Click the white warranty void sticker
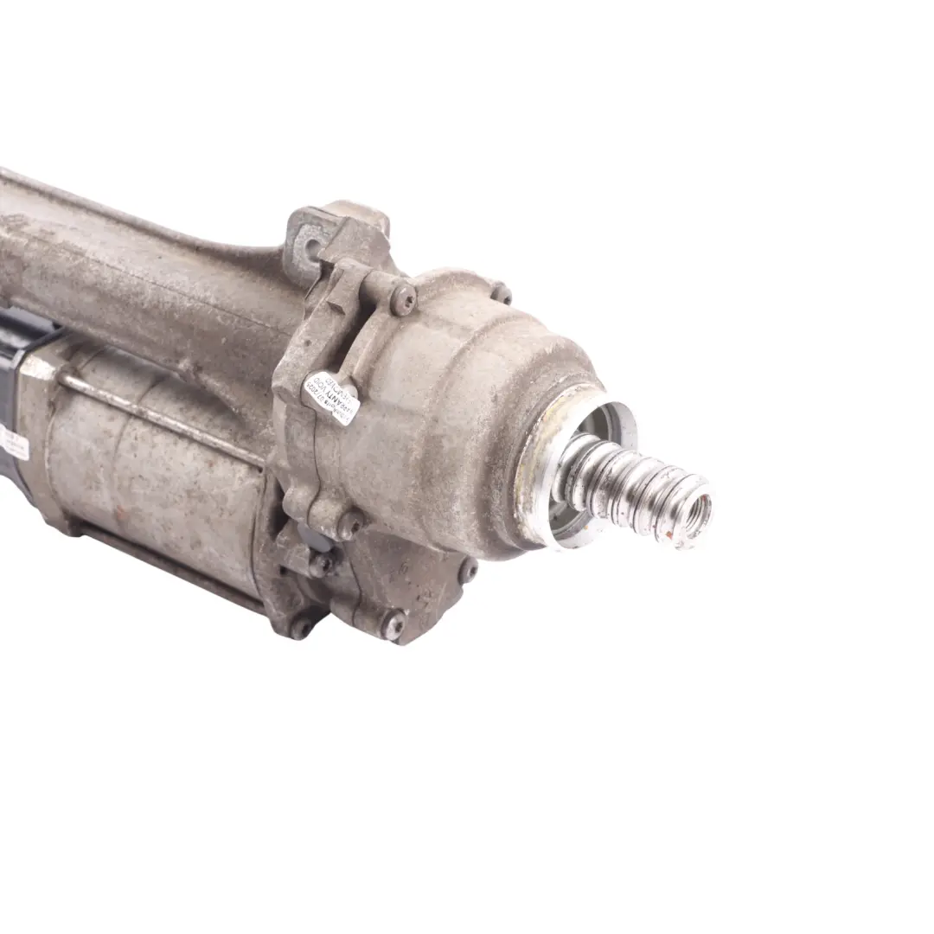[330, 397]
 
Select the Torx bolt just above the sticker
[403, 299]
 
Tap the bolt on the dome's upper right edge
[501, 293]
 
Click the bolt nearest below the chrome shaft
[467, 568]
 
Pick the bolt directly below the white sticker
[350, 523]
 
